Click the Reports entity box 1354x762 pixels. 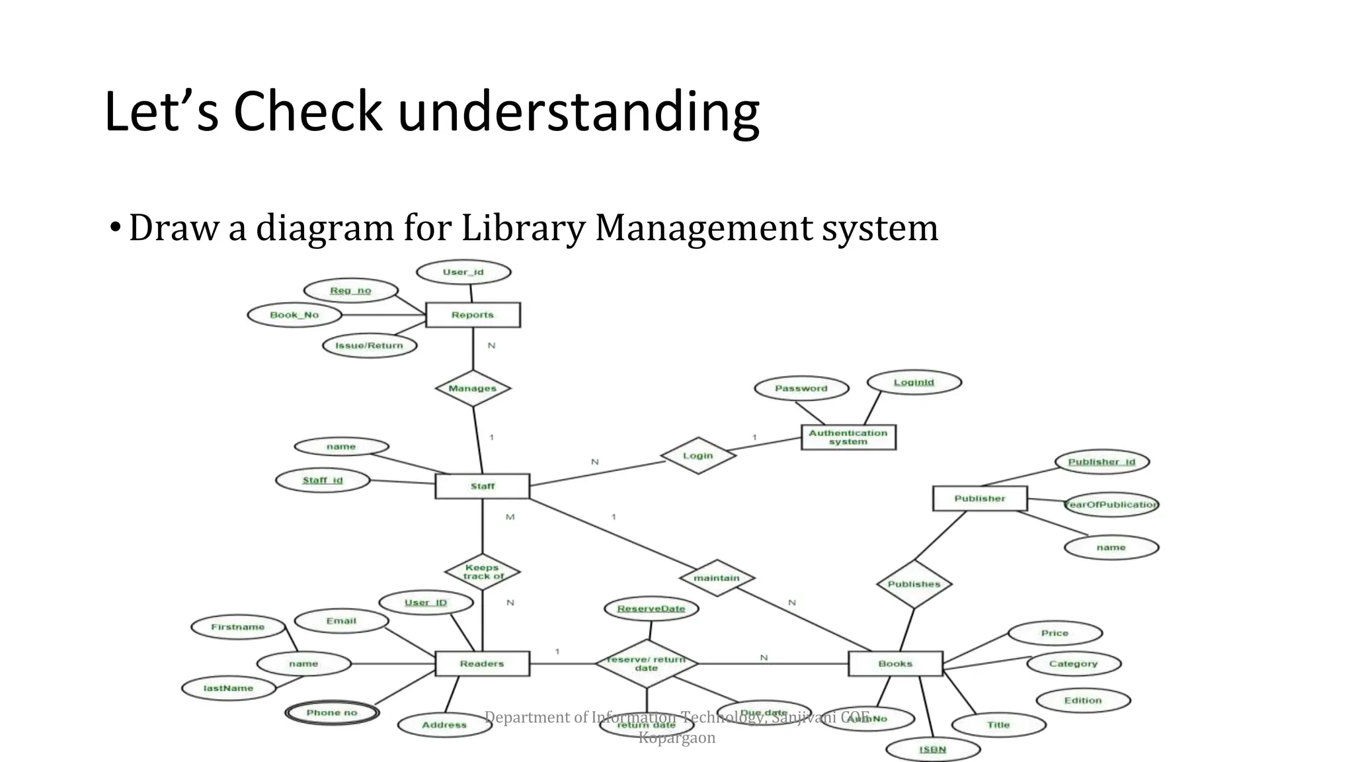473,315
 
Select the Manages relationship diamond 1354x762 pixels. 473,388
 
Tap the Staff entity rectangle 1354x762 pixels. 482,486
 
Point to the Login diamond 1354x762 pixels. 698,455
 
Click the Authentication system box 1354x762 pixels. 848,437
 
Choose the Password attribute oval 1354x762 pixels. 801,388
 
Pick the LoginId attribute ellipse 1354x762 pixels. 914,382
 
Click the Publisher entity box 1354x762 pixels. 980,498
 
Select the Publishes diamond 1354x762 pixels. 914,584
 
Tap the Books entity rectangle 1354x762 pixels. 895,663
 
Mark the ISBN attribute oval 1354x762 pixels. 932,749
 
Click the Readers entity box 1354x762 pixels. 482,663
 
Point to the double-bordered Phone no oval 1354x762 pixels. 332,712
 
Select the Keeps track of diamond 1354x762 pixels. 482,571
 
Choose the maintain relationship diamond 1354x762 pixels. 717,578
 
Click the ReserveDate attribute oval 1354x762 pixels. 651,609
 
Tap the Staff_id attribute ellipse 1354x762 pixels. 323,480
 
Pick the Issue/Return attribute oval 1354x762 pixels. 369,345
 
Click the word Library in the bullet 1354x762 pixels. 522,228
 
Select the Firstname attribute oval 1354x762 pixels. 238,627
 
